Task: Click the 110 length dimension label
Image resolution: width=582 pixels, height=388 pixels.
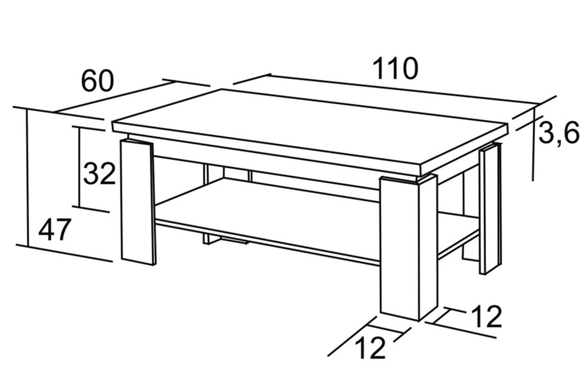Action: click(395, 68)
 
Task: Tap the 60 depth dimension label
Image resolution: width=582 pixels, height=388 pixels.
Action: click(97, 81)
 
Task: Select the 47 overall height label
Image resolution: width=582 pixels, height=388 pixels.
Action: click(55, 230)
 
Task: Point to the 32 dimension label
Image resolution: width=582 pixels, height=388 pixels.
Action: click(99, 174)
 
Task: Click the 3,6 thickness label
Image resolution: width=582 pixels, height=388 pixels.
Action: click(559, 134)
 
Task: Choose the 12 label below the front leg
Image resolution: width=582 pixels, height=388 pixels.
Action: click(370, 348)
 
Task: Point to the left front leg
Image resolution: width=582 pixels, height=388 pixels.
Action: click(138, 202)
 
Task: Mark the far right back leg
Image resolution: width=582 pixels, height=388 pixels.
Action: click(490, 209)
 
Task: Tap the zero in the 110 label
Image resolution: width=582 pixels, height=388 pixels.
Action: click(409, 68)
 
